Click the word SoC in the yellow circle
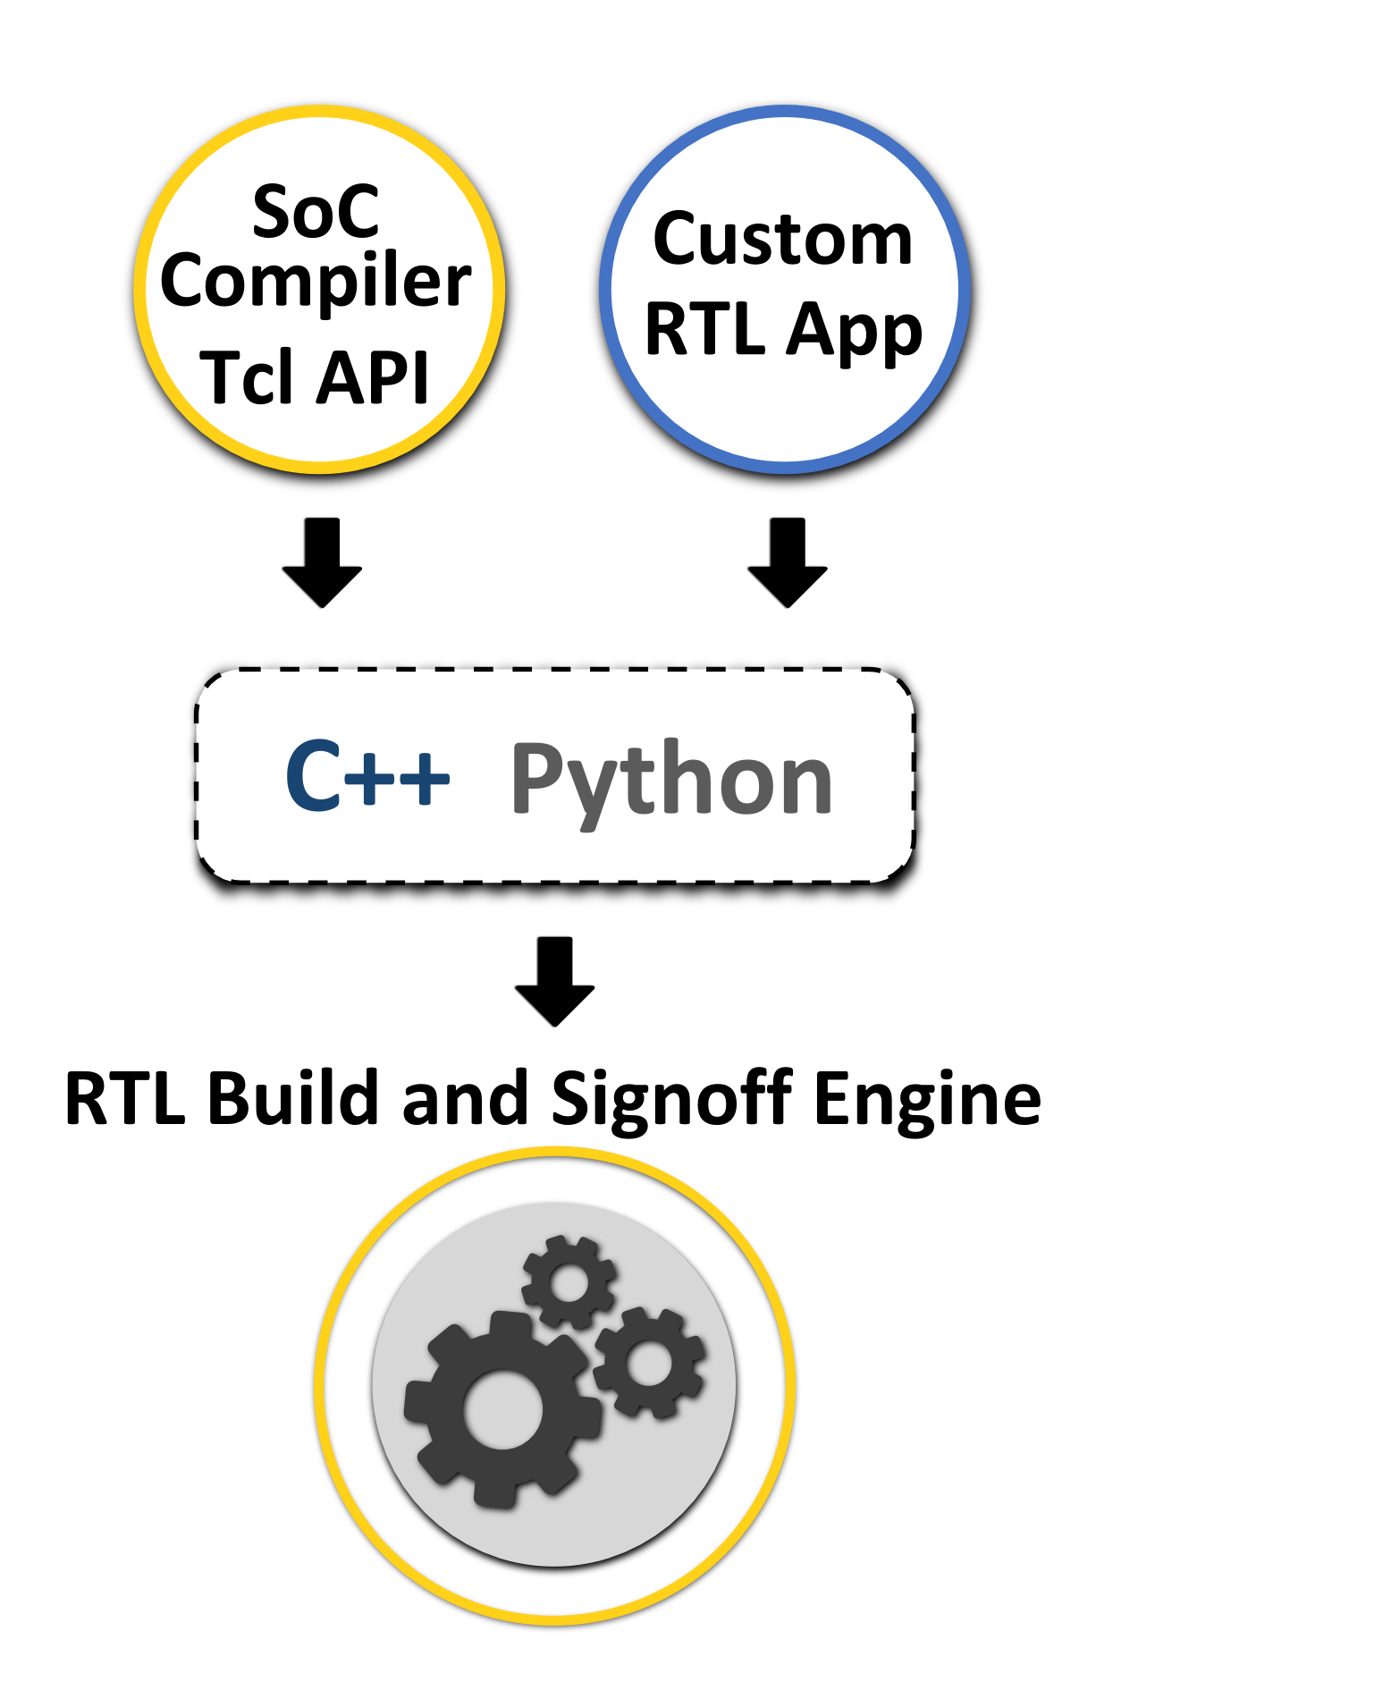(316, 212)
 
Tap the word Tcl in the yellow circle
(247, 376)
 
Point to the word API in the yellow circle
(374, 376)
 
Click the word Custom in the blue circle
(783, 239)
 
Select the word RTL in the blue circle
(705, 329)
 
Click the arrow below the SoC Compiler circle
(322, 563)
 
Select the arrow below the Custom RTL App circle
(787, 563)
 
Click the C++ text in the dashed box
(367, 776)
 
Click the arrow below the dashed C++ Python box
(554, 982)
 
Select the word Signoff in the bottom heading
(671, 1100)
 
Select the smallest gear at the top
(569, 1282)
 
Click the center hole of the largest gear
(503, 1410)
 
